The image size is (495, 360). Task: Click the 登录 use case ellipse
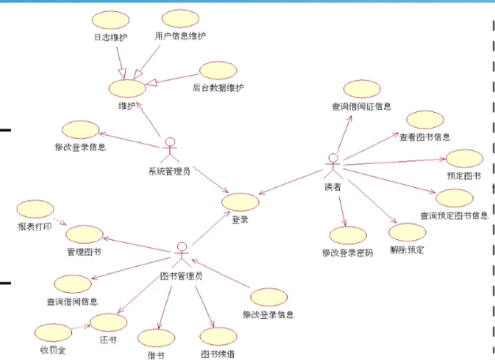click(240, 202)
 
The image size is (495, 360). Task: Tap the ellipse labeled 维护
click(127, 86)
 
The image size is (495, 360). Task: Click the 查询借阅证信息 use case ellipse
click(361, 88)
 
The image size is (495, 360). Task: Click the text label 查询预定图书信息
click(453, 216)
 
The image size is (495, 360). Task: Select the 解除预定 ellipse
click(407, 234)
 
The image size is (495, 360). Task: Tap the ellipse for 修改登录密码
click(348, 235)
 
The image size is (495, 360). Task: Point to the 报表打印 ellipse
click(35, 209)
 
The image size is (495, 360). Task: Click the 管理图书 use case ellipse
click(84, 234)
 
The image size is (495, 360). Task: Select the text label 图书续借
click(217, 354)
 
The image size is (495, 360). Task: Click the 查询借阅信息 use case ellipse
click(74, 283)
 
